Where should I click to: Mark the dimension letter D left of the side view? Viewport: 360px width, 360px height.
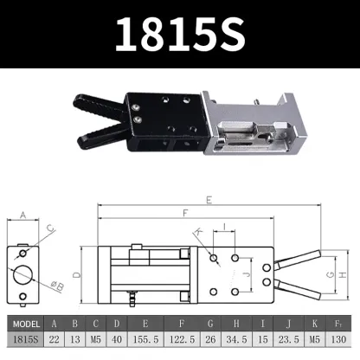coord(76,274)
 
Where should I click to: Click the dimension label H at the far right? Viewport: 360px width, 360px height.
coord(343,274)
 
